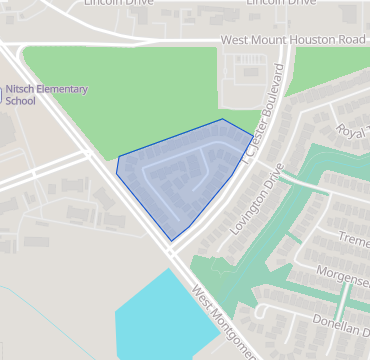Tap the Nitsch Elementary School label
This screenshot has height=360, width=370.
(44, 94)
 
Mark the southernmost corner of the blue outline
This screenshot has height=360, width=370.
(172, 240)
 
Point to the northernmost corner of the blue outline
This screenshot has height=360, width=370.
(222, 119)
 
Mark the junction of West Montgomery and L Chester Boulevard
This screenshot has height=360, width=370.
(172, 252)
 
